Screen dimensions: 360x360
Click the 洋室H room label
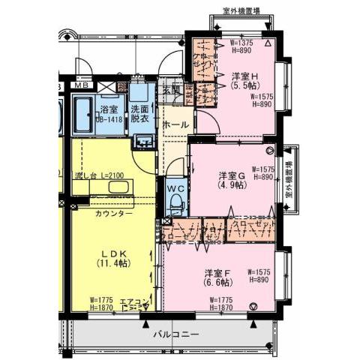coord(245,76)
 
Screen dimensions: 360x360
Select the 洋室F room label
coord(217,272)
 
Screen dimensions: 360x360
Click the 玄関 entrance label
coord(171,90)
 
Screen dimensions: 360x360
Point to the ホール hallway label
coord(175,124)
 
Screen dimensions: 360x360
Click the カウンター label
coord(114,214)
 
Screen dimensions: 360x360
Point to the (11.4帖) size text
coord(113,264)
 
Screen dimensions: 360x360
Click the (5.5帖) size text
coord(245,87)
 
